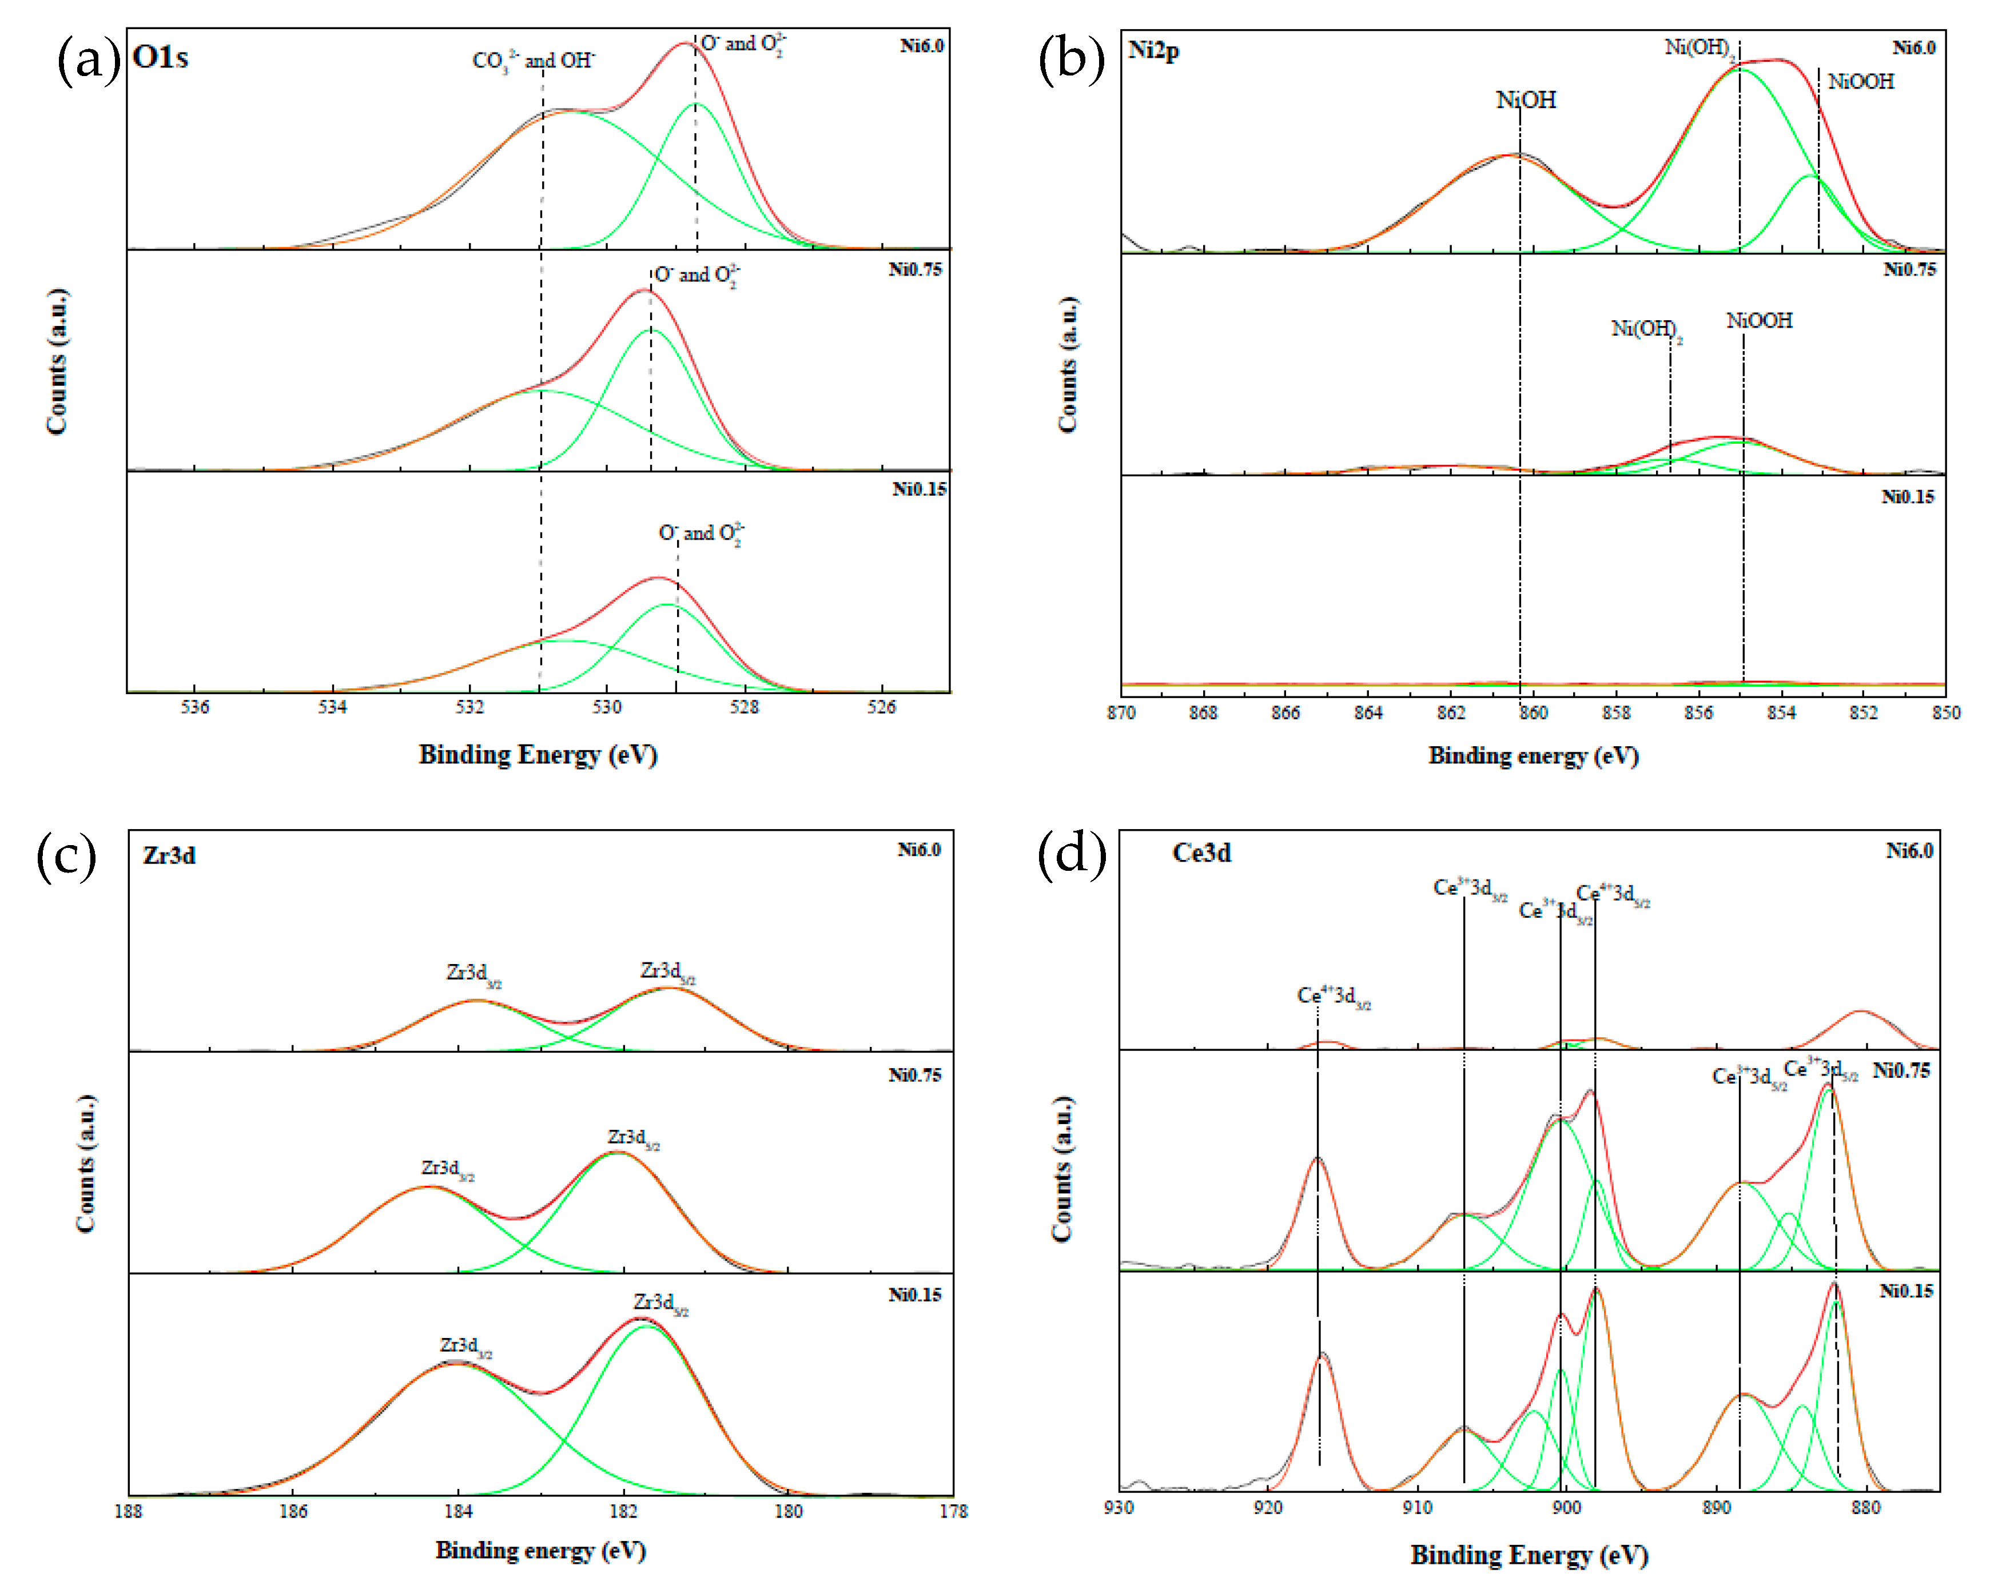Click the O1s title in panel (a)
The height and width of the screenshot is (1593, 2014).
pyautogui.click(x=161, y=57)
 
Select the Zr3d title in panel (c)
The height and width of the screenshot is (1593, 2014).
pyautogui.click(x=169, y=855)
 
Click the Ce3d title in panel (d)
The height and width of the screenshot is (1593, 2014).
pyautogui.click(x=1201, y=853)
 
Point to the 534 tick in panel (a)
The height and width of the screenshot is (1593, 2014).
pyautogui.click(x=332, y=707)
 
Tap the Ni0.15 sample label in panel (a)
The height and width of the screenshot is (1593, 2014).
pyautogui.click(x=919, y=489)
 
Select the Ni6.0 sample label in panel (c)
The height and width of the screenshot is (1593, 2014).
pyautogui.click(x=919, y=850)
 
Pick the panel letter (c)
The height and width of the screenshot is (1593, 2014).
pyautogui.click(x=66, y=856)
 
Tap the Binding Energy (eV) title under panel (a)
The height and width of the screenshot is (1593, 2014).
pyautogui.click(x=538, y=755)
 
